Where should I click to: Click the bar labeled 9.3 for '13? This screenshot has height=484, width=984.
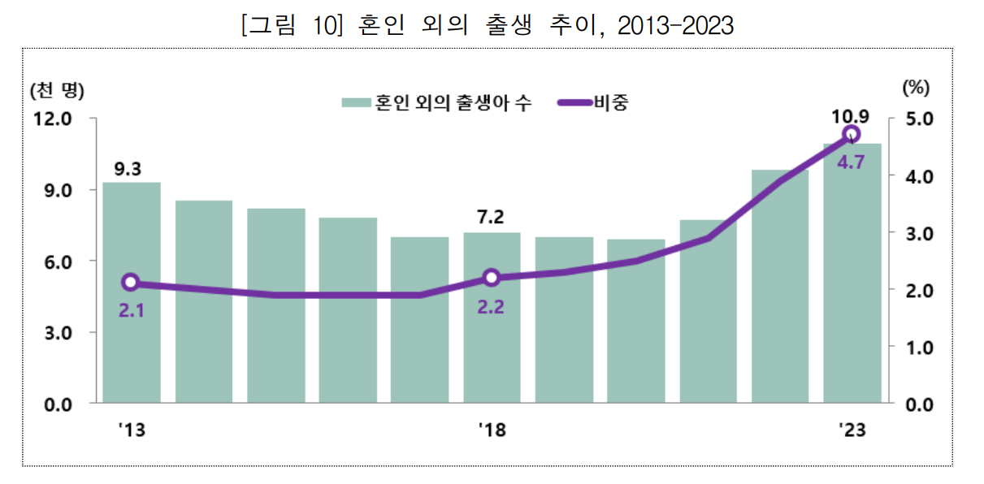tap(132, 325)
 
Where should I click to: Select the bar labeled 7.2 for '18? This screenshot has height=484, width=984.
tap(492, 341)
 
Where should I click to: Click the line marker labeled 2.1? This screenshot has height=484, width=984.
tap(131, 283)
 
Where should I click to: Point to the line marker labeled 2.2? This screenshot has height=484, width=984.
tap(492, 278)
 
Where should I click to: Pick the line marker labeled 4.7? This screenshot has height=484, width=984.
tap(852, 135)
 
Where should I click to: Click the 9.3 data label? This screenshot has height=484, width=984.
tap(128, 170)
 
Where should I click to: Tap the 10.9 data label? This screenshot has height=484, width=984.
tap(851, 117)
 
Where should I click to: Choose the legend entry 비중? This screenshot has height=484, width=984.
tap(610, 103)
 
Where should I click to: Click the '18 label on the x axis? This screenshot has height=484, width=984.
tap(492, 430)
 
